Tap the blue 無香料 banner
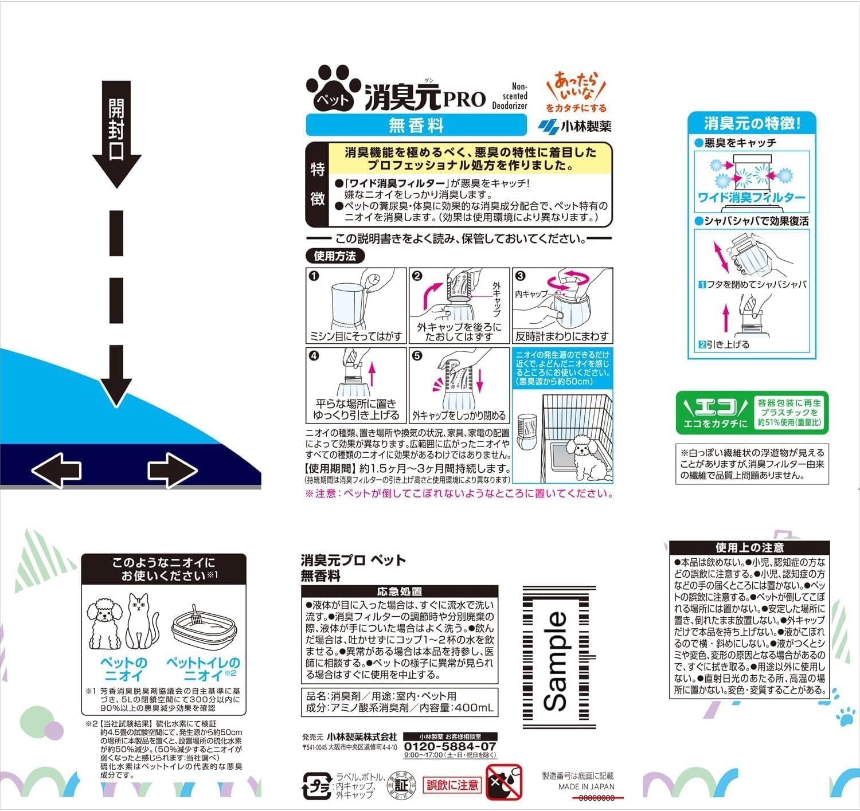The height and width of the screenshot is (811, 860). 416,125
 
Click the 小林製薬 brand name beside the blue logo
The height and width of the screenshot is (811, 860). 587,126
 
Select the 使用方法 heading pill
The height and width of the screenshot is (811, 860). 335,256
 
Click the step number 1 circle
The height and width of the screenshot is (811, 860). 314,276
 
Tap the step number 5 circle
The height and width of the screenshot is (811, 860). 417,355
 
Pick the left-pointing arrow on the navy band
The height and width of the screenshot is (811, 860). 56,470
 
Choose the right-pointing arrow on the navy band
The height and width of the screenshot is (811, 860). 173,470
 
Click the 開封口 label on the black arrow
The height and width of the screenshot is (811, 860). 116,128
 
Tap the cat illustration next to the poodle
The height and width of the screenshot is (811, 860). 142,621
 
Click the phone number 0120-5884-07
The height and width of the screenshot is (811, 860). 450,746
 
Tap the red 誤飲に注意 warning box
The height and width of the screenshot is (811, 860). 452,785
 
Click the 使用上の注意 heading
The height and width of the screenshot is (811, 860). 749,548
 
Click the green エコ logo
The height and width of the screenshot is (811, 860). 716,412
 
